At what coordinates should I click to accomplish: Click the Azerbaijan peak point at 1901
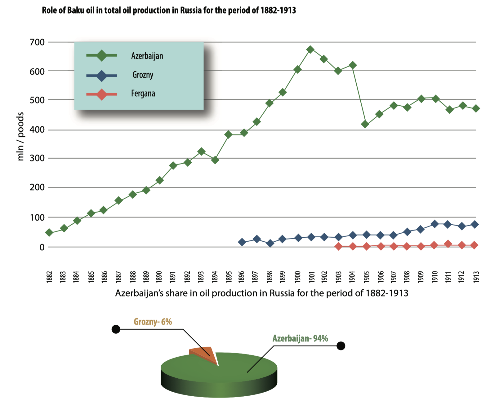[310, 50]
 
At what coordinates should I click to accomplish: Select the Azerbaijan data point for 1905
[365, 124]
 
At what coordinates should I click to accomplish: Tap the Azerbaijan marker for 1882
[49, 232]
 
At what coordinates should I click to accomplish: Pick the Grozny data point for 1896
[242, 242]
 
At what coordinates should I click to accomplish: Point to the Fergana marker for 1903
[338, 246]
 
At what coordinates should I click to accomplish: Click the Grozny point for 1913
[474, 224]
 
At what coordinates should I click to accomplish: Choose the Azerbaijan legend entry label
[147, 56]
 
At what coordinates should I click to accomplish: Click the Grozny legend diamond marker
[101, 75]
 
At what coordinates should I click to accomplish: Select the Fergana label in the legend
[143, 93]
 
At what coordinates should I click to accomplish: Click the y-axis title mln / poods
[20, 136]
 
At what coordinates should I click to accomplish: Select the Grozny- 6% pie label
[153, 322]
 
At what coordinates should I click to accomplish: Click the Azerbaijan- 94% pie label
[300, 338]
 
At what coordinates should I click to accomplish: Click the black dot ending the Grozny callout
[116, 329]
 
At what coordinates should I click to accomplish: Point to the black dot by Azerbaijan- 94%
[341, 346]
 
